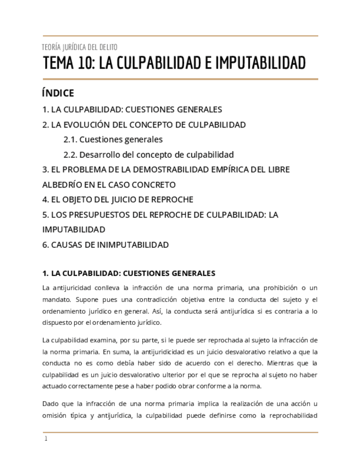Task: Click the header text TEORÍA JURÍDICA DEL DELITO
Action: [80, 47]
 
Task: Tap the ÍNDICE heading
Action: [58, 93]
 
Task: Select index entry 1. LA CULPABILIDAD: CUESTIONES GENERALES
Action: [132, 109]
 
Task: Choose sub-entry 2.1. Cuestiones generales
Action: [113, 140]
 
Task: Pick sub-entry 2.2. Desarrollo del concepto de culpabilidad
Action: [148, 154]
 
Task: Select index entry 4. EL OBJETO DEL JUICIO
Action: [118, 199]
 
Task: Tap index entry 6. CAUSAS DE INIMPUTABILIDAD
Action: [106, 245]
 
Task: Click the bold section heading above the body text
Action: [129, 273]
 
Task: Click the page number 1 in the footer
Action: [46, 439]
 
